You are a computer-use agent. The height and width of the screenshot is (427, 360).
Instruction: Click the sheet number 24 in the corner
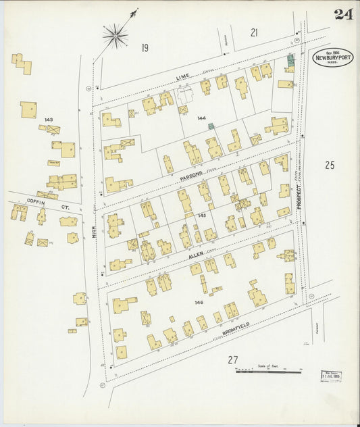point(342,14)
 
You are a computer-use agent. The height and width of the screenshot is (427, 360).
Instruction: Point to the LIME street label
point(182,78)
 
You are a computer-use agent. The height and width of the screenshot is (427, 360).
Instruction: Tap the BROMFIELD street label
point(236,327)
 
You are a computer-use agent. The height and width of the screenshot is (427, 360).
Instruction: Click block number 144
point(201,118)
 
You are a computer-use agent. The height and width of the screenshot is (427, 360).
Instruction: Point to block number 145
point(201,216)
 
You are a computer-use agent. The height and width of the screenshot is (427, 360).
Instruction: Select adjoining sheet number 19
point(145,47)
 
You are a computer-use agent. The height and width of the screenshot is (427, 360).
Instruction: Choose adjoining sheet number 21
point(254,32)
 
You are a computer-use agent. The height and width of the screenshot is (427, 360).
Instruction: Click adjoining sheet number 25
point(330,164)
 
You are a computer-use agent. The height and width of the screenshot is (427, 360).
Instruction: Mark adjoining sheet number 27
point(233,359)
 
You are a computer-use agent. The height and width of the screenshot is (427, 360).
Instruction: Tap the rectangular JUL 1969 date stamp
point(330,375)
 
